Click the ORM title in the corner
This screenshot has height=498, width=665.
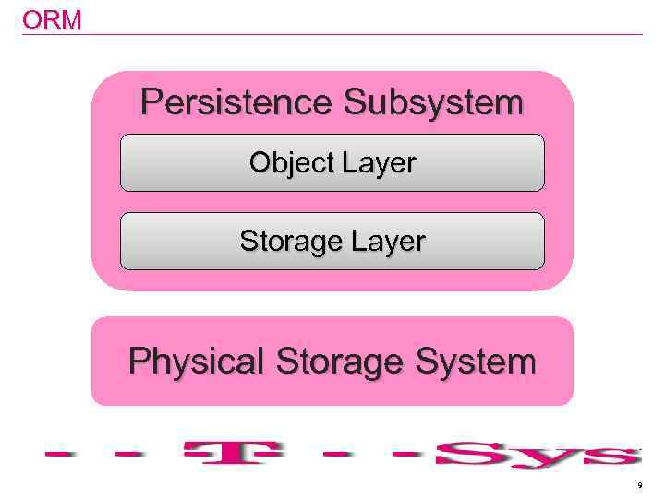pos(52,19)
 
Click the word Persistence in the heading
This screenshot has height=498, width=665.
pos(236,102)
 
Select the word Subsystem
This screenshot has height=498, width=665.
pos(433,102)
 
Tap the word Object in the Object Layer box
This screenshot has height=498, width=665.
pos(291,163)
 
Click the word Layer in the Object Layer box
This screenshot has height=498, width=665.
pos(380,163)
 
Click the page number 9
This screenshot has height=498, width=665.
pos(639,484)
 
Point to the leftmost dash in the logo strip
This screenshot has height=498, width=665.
pos(60,454)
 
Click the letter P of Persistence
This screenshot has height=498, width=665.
pos(151,102)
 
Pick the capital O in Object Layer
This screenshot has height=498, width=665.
pos(260,163)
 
